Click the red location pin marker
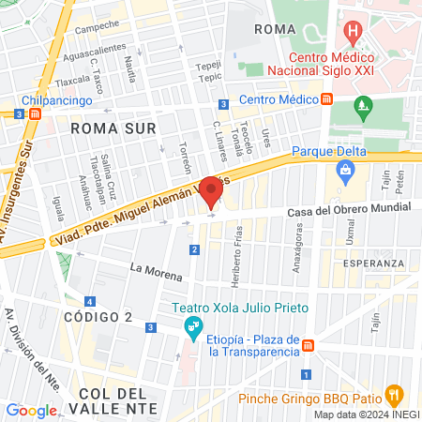(x=211, y=191)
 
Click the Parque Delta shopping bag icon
(x=347, y=170)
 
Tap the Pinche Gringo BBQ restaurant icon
(x=395, y=394)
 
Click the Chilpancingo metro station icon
(x=36, y=113)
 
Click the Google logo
(x=31, y=411)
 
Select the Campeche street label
(x=97, y=26)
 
